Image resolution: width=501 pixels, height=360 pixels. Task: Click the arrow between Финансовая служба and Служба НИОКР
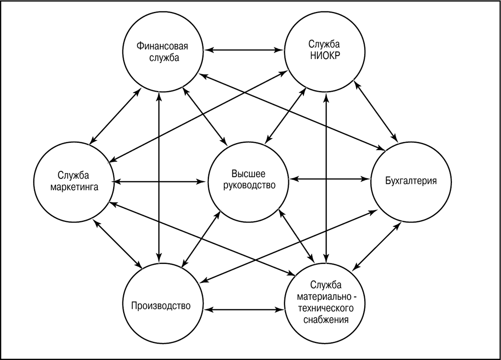[x=244, y=50]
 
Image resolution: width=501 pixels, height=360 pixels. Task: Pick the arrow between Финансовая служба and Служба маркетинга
[x=115, y=116]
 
